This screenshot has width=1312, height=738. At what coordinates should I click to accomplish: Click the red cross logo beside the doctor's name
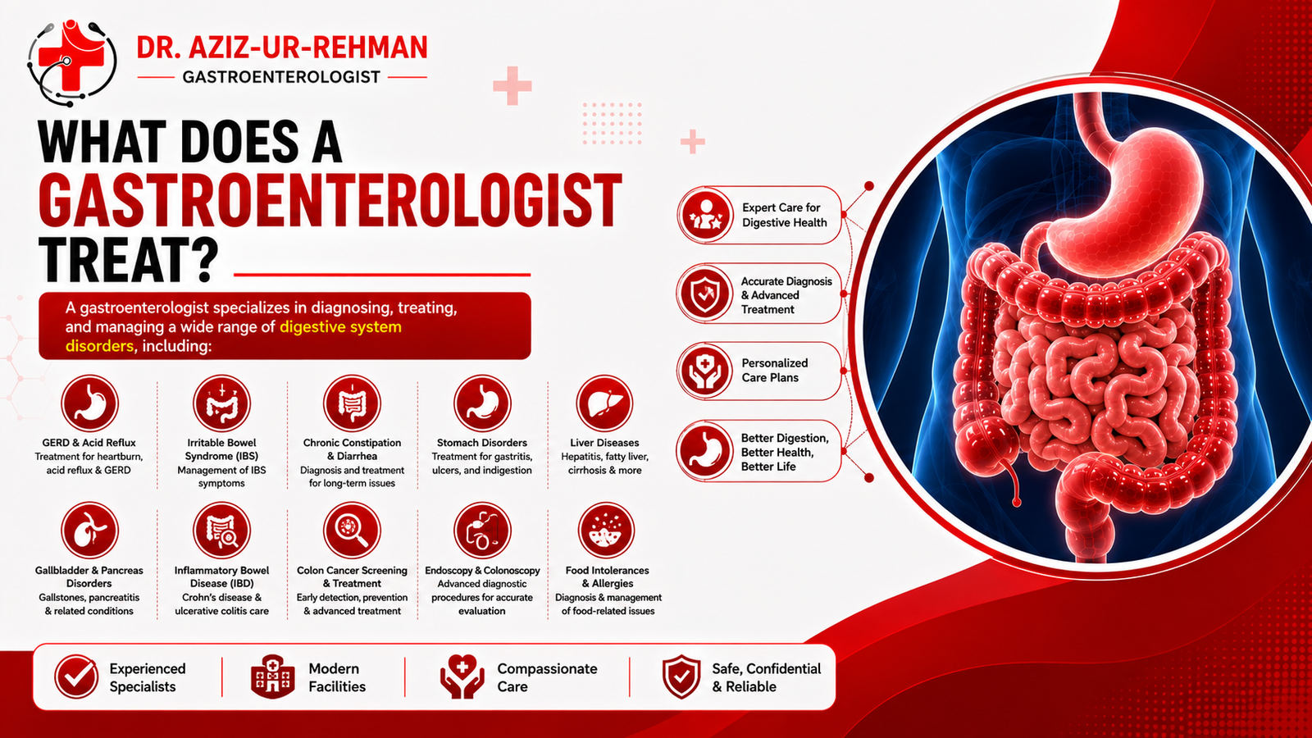pyautogui.click(x=71, y=61)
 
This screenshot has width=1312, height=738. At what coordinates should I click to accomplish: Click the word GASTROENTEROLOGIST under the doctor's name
pyautogui.click(x=281, y=77)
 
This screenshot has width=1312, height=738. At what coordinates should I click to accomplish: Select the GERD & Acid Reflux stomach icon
pyautogui.click(x=89, y=403)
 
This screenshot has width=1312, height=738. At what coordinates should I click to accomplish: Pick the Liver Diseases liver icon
pyautogui.click(x=604, y=403)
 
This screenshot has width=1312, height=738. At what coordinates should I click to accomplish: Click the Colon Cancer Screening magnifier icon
pyautogui.click(x=352, y=530)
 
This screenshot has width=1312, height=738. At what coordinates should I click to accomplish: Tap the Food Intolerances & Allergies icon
pyautogui.click(x=606, y=530)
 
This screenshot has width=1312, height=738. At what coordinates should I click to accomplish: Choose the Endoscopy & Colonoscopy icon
pyautogui.click(x=482, y=530)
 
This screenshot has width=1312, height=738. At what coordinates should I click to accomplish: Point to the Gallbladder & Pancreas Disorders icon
pyautogui.click(x=89, y=530)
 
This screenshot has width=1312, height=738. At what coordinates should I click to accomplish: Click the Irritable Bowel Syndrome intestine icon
pyautogui.click(x=221, y=403)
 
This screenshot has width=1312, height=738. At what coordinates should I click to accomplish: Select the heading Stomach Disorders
pyautogui.click(x=482, y=443)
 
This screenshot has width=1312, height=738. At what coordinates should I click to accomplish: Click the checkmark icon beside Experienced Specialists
pyautogui.click(x=76, y=676)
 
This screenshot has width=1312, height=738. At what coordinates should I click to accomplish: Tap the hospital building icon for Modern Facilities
pyautogui.click(x=272, y=677)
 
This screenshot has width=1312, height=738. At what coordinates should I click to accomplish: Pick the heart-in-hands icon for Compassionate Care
pyautogui.click(x=462, y=677)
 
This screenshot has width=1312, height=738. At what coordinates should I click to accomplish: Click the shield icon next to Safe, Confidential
pyautogui.click(x=681, y=677)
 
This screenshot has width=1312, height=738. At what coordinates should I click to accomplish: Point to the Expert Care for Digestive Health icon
pyautogui.click(x=706, y=214)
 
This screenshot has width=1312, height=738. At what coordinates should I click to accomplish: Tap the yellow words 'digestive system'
pyautogui.click(x=341, y=327)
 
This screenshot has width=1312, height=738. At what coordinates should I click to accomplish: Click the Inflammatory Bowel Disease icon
pyautogui.click(x=221, y=530)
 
